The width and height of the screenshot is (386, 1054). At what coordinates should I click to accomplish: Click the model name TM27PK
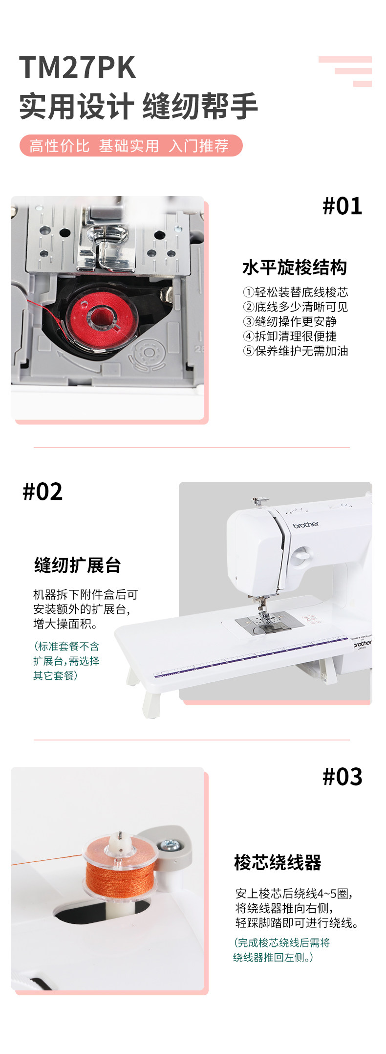(x=77, y=67)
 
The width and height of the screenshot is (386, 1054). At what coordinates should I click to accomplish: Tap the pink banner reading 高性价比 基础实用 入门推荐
(x=131, y=146)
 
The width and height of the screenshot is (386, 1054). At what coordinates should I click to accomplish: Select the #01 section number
(x=343, y=206)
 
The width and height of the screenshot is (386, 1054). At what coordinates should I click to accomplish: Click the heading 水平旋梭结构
(x=295, y=268)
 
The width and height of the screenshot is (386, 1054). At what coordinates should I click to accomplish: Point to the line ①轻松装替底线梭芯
(x=296, y=292)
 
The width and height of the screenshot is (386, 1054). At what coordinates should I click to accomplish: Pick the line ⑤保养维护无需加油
(x=296, y=351)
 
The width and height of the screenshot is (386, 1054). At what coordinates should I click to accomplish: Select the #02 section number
(x=43, y=492)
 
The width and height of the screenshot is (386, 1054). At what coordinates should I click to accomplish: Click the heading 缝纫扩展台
(x=78, y=565)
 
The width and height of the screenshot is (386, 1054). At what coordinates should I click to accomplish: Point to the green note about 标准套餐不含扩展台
(x=66, y=661)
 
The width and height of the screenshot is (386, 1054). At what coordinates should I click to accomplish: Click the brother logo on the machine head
(x=305, y=525)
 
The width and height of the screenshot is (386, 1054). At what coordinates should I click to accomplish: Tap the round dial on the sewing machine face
(x=301, y=555)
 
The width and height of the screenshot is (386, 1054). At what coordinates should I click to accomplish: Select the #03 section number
(x=343, y=777)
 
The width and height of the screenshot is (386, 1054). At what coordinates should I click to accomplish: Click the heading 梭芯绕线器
(x=278, y=863)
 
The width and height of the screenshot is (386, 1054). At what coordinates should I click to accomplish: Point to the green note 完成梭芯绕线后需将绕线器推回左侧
(x=282, y=950)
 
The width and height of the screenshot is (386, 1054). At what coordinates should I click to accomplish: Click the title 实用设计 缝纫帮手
(x=138, y=107)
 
